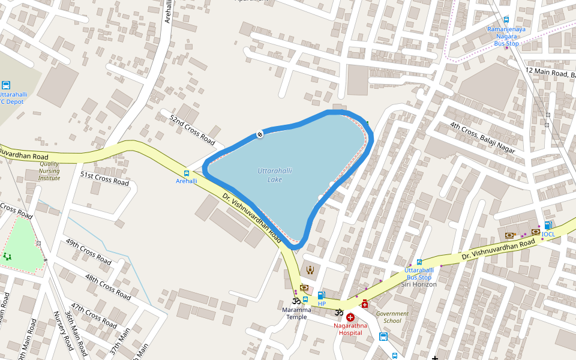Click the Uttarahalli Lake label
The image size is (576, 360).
tap(275, 175)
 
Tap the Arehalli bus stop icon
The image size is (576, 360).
tap(187, 173)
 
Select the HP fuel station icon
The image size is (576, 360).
tap(321, 295)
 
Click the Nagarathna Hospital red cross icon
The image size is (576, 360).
tap(350, 316)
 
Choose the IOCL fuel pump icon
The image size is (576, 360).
tap(547, 226)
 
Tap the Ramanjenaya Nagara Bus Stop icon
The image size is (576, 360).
tap(506, 20)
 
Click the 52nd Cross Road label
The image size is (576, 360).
tap(192, 130)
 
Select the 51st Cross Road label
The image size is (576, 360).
tap(104, 178)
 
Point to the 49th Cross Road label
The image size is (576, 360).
tap(89, 252)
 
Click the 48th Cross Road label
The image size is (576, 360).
tap(108, 287)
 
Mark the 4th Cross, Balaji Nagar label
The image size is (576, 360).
tap(482, 138)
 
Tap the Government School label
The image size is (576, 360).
tap(392, 317)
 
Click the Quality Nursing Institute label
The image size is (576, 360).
tap(49, 170)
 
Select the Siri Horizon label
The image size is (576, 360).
tap(418, 284)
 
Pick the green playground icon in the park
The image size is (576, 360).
tap(7, 256)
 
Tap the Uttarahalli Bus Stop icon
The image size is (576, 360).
tap(419, 262)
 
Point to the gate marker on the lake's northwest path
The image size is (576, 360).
tap(260, 134)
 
